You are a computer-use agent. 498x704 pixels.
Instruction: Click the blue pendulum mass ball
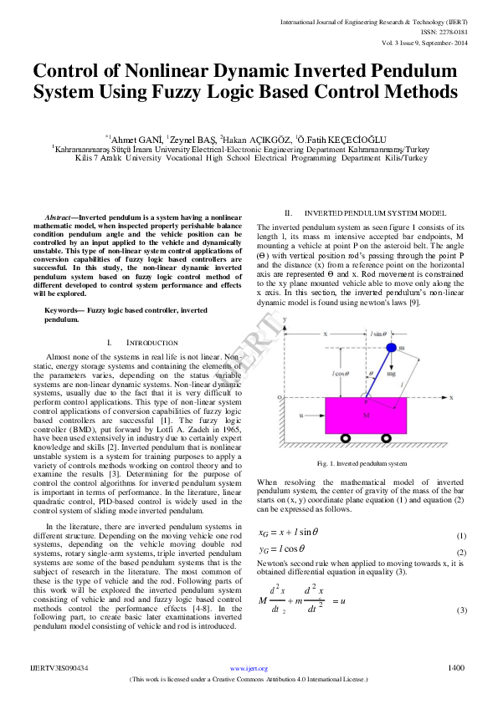pyautogui.click(x=389, y=347)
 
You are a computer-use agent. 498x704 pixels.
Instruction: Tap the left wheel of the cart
pyautogui.click(x=345, y=437)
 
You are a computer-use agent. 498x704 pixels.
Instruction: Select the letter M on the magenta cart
pyautogui.click(x=366, y=414)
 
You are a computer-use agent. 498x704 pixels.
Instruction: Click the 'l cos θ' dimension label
pyautogui.click(x=341, y=373)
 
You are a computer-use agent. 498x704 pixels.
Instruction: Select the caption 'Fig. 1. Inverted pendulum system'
pyautogui.click(x=362, y=463)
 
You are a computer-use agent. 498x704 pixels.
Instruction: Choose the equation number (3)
pyautogui.click(x=461, y=611)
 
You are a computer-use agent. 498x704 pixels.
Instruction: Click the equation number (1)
pyautogui.click(x=461, y=535)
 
